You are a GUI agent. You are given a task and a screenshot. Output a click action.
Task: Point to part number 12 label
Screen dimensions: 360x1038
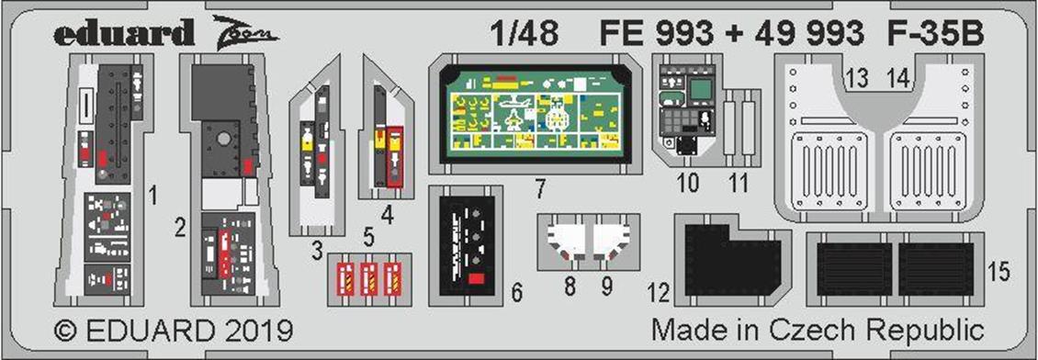[659, 293]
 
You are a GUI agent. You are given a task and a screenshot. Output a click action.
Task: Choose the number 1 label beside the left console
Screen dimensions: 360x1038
[153, 195]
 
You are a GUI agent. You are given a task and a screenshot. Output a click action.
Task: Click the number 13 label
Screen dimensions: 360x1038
[857, 80]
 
